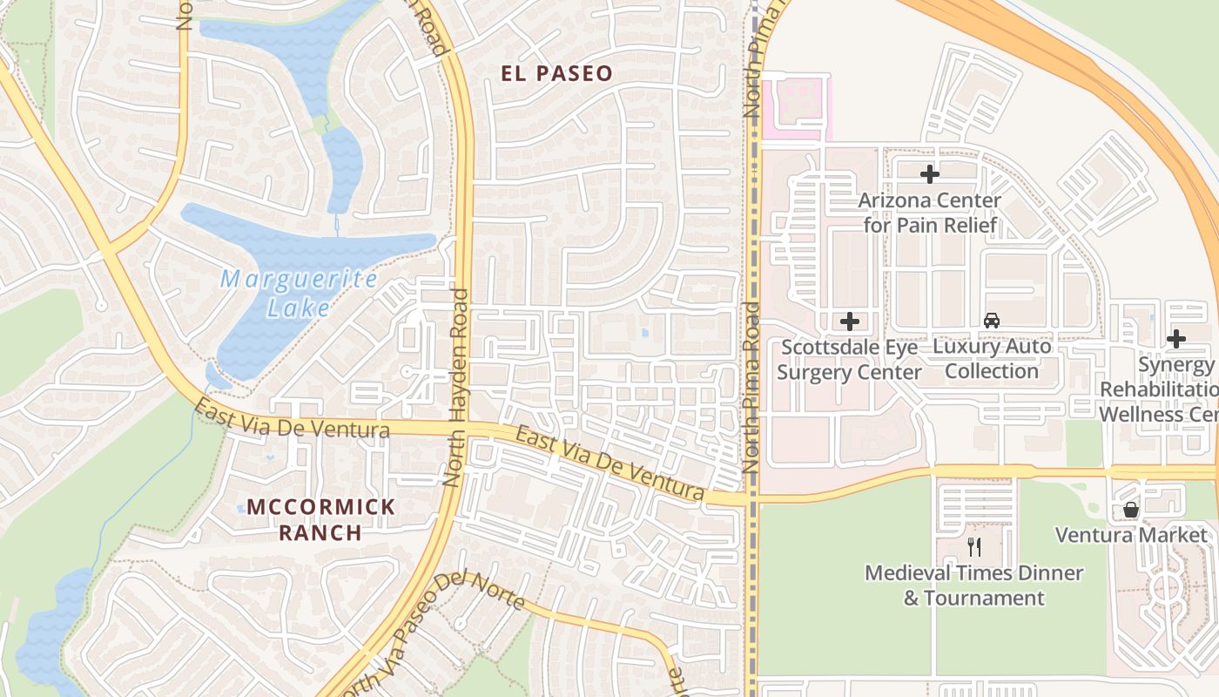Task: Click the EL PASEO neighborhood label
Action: (557, 73)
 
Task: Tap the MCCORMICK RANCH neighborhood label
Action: (321, 519)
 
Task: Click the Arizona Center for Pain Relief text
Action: (930, 213)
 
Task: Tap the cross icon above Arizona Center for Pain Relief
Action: (930, 174)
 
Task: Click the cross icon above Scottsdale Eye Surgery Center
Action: (850, 321)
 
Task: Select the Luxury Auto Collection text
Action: (992, 359)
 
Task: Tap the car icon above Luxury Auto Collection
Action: (992, 321)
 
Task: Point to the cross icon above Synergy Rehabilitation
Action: (1176, 339)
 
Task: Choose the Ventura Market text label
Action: (1131, 535)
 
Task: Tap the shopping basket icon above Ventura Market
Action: (1131, 510)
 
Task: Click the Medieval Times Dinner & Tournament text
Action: (973, 585)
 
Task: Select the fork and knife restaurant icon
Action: (974, 547)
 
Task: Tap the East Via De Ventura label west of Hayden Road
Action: (291, 419)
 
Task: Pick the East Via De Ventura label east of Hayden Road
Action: (609, 464)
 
